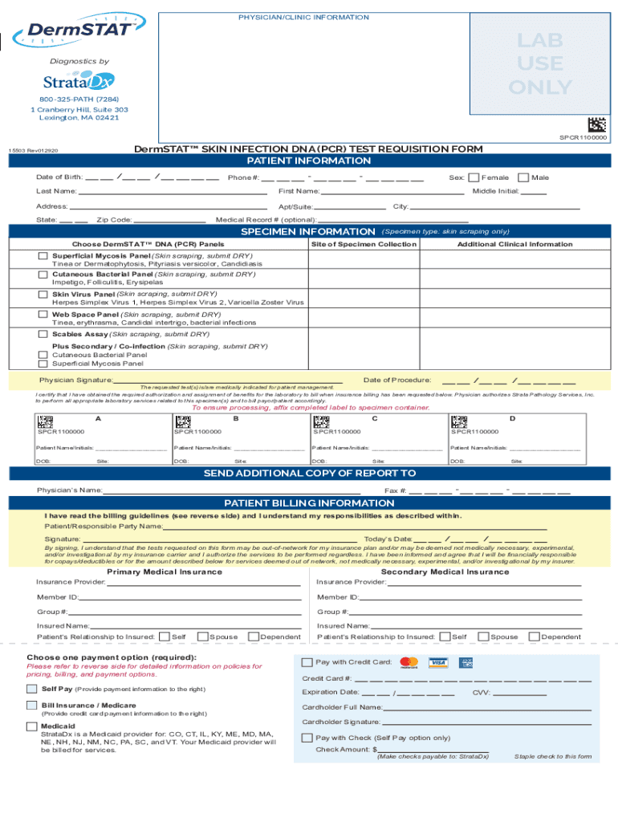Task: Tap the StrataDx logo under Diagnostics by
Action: pos(79,81)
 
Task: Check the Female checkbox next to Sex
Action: pos(474,177)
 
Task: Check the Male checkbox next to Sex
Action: pos(523,177)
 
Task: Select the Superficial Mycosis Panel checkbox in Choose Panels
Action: pos(43,256)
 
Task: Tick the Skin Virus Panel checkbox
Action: pos(43,295)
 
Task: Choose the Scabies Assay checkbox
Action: pos(43,334)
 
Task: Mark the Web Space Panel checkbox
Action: pos(43,315)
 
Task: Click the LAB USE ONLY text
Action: pos(544,64)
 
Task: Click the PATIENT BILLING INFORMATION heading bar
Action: pos(309,503)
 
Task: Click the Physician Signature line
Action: pos(228,380)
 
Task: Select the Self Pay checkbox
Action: pos(31,689)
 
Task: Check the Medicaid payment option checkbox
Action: pos(31,726)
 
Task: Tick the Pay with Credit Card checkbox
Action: pos(307,662)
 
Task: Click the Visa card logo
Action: pos(437,663)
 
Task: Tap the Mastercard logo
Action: pos(409,663)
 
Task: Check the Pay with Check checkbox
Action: pos(307,738)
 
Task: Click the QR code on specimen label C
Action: pos(321,421)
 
